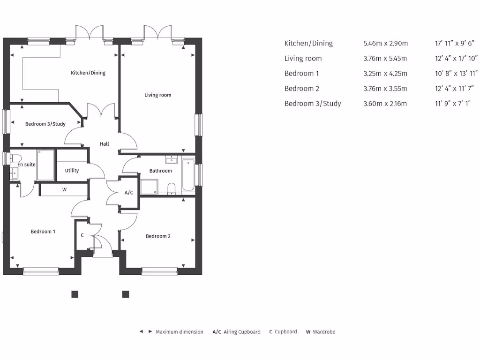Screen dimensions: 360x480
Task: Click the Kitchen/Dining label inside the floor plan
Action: click(88, 73)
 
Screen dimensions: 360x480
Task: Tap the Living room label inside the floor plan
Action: click(157, 95)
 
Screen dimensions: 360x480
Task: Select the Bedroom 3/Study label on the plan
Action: click(45, 124)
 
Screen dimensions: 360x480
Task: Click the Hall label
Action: click(105, 144)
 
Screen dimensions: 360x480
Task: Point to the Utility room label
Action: click(72, 171)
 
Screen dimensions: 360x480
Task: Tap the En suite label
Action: click(27, 165)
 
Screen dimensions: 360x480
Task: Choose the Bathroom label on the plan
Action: click(160, 171)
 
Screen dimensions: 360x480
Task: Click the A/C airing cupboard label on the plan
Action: click(129, 193)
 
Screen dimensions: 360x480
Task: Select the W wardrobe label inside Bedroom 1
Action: click(64, 190)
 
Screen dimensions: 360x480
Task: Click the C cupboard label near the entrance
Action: click(82, 235)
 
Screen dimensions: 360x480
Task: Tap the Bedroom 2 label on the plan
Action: click(158, 236)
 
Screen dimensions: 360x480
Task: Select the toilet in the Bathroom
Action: click(172, 189)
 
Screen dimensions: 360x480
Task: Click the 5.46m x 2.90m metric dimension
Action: click(385, 44)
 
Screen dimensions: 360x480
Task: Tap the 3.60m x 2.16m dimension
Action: click(385, 104)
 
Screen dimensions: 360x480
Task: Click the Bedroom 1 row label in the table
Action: click(301, 74)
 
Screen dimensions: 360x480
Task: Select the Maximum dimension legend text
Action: click(180, 332)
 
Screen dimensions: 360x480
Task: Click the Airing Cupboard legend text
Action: click(242, 332)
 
